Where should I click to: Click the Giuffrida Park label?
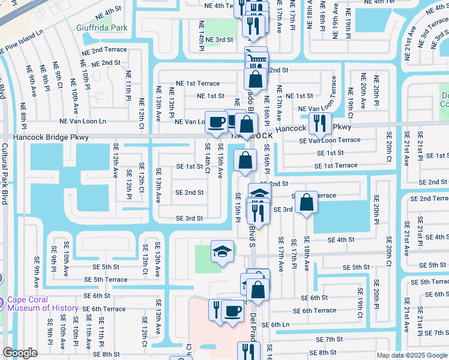coord(102,28)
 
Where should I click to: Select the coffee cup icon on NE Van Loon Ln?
coord(216,122)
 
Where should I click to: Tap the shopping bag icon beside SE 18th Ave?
coord(306,202)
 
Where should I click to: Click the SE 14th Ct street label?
coord(208,157)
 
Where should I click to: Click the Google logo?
coord(20,353)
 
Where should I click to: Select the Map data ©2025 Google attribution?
coord(411,355)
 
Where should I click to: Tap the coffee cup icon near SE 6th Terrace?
coord(232,310)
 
